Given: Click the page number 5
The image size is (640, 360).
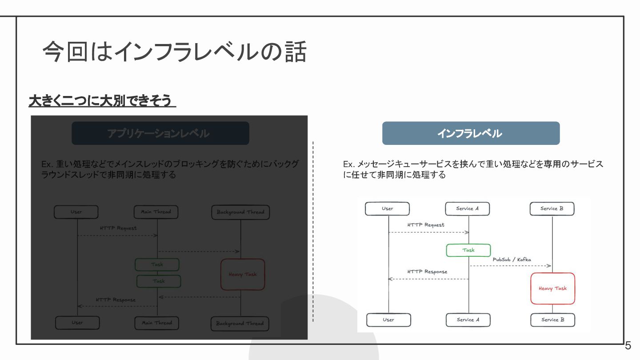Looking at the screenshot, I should coord(628,345).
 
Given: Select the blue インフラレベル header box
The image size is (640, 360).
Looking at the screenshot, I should coord(471,133).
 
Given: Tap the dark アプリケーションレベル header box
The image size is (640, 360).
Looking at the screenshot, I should coord(160,133).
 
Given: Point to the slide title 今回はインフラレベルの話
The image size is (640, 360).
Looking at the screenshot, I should coord(174,52).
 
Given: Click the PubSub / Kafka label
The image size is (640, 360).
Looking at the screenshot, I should coord(512,260).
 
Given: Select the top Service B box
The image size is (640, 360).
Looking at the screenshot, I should coord(552,209).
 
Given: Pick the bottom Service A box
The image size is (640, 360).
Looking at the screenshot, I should coord(468,320).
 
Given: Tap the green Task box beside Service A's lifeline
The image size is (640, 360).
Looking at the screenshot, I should coord(468,250).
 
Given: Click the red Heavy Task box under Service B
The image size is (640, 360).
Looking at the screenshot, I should coord(552,288).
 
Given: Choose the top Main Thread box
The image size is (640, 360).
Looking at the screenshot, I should coord(156,212).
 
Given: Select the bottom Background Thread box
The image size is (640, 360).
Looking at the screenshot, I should coord(240,324).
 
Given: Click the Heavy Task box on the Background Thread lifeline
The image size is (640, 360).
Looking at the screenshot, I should coord(243,275).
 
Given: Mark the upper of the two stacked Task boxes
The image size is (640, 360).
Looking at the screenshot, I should coord(157,264).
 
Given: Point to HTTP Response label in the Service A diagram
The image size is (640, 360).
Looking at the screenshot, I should coord(427,272).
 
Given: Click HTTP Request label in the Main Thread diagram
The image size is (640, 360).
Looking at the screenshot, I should coord(118,228).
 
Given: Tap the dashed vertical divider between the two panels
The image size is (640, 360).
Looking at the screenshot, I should coord(313,231).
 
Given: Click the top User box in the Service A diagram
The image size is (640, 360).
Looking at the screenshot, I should coord(387,209).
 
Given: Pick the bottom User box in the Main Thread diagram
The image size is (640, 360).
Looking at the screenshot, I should coord(77,323).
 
